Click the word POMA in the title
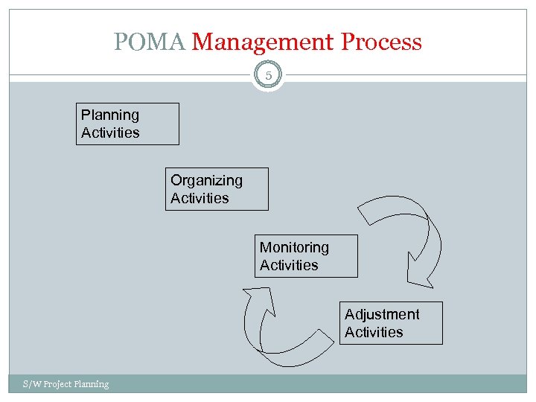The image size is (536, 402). point(150,42)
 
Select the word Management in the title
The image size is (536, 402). point(264,42)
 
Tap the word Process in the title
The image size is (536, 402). point(381,42)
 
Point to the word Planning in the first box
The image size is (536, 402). point(110,115)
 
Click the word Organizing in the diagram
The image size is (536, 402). point(206,180)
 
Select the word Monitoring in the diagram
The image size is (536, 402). point(294,247)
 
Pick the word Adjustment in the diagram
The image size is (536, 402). point(382,314)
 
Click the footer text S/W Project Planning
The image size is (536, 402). point(66,384)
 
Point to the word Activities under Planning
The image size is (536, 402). point(110,133)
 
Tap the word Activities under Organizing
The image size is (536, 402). point(200,198)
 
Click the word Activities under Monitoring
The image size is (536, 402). point(289,265)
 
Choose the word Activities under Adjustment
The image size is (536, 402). point(374,332)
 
